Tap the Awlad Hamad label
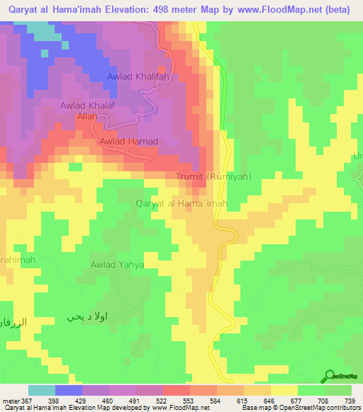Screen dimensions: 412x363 pyautogui.click(x=128, y=142)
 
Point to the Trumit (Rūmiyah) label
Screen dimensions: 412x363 pyautogui.click(x=213, y=176)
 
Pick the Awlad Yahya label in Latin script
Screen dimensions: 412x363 pyautogui.click(x=117, y=265)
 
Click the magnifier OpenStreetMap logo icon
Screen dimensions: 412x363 pyautogui.click(x=330, y=377)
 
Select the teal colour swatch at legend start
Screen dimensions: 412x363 pyautogui.click(x=41, y=390)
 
